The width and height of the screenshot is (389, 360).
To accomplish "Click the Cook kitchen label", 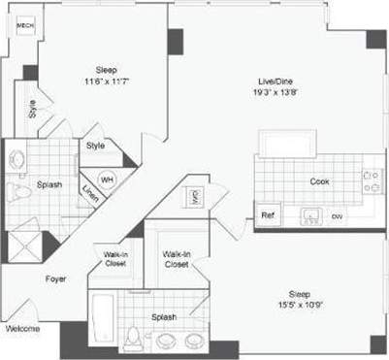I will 319,181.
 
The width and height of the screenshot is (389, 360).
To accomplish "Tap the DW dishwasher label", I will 337,216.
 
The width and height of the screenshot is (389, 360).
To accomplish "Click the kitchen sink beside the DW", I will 310,215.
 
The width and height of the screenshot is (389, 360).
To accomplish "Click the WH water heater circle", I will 107,180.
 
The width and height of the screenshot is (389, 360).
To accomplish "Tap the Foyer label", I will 56,278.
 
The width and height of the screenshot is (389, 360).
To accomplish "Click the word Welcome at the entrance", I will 22,328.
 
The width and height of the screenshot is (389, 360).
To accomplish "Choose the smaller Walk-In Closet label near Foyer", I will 115,259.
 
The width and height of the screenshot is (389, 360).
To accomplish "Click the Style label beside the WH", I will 95,146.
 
